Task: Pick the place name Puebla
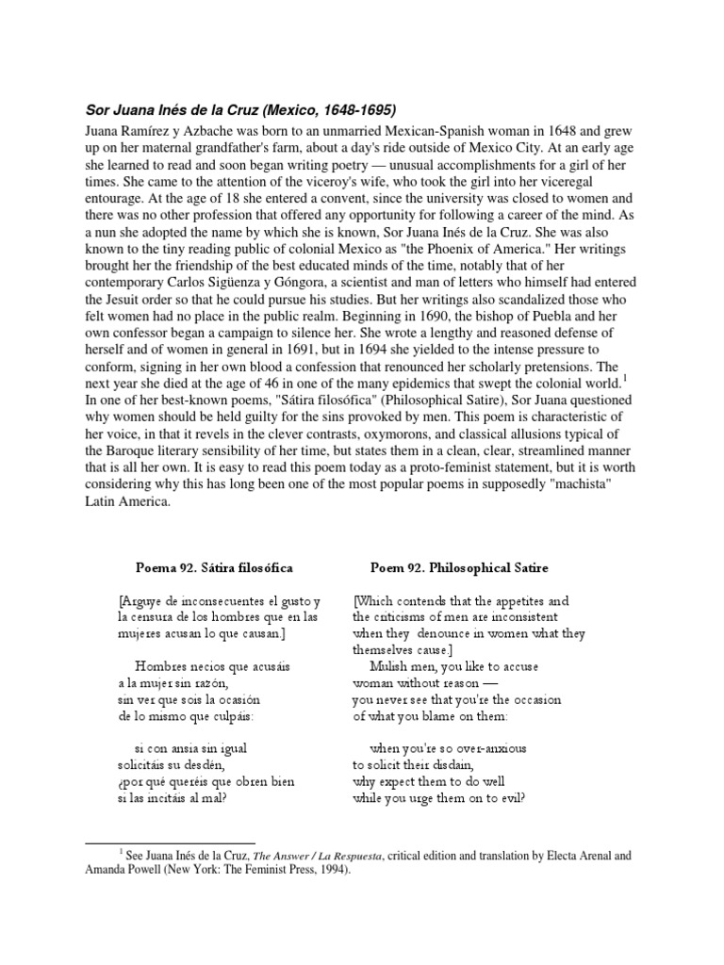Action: (x=534, y=325)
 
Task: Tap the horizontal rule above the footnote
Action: (x=170, y=842)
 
